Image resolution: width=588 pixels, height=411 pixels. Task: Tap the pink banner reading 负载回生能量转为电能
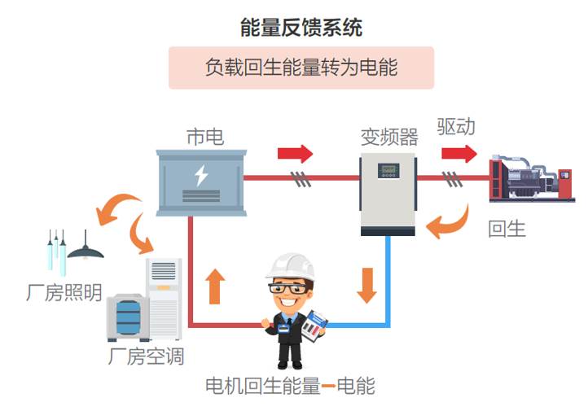pos(301,68)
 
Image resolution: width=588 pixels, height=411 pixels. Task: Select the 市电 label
pos(204,136)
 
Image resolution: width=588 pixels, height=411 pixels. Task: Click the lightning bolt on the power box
pos(200,175)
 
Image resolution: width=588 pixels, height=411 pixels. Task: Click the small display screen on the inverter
pos(388,171)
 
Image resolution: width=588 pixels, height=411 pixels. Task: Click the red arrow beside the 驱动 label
pos(459,153)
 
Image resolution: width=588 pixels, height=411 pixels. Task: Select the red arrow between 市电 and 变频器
pos(295,153)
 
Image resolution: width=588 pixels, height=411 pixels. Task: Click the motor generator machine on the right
pos(530,177)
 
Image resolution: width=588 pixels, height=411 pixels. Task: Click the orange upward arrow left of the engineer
pos(215,286)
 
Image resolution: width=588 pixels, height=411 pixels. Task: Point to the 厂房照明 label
pos(64,292)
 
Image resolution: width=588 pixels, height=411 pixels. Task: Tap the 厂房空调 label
pos(146,356)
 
